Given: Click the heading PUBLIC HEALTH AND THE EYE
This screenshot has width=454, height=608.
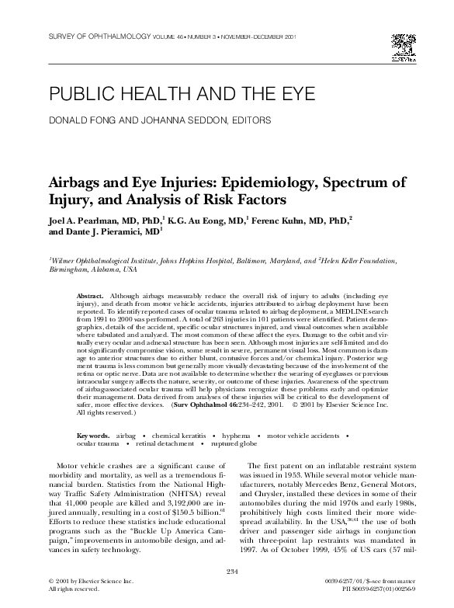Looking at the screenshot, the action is coord(182,95).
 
